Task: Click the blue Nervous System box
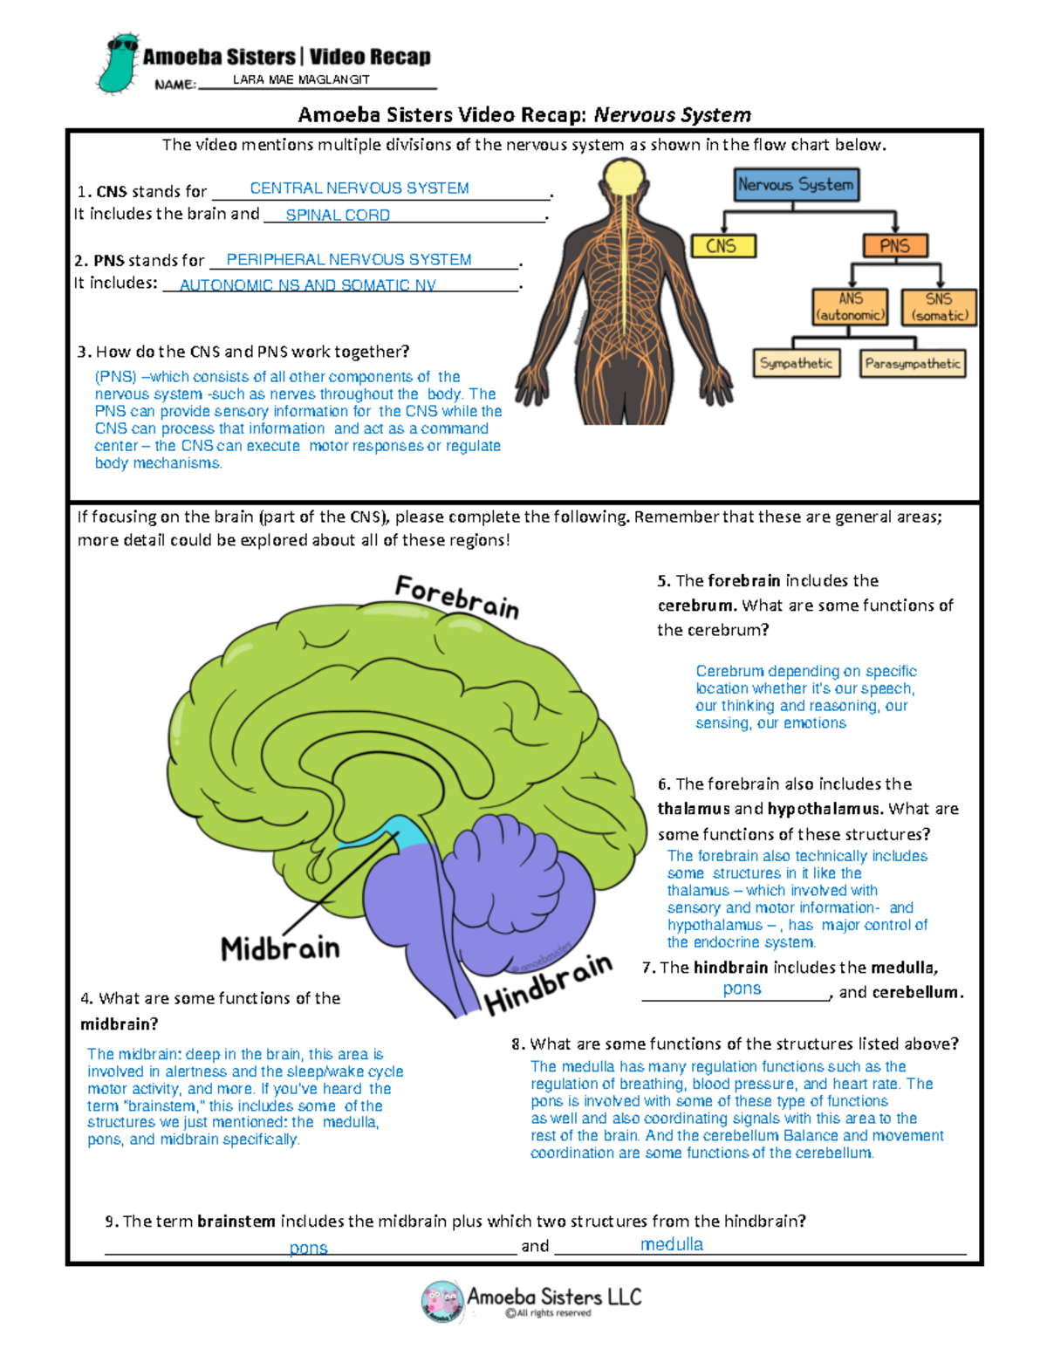[x=796, y=185]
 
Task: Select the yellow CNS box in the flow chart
[x=722, y=246]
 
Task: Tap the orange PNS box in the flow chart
[x=894, y=246]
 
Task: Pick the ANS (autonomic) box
[x=850, y=307]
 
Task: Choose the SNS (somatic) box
[x=939, y=307]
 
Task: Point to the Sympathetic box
[x=796, y=363]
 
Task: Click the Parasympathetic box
[x=913, y=364]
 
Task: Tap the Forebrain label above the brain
[x=457, y=597]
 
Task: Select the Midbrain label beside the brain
[x=280, y=948]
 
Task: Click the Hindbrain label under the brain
[x=548, y=984]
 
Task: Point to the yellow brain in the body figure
[x=623, y=178]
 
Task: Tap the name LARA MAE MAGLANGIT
[x=301, y=79]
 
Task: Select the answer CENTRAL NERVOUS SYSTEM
[x=359, y=188]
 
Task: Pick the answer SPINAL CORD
[x=338, y=215]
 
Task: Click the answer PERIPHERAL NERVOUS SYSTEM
[x=349, y=260]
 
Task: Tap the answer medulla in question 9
[x=672, y=1244]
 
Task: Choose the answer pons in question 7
[x=742, y=989]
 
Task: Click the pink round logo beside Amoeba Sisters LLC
[x=442, y=1302]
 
